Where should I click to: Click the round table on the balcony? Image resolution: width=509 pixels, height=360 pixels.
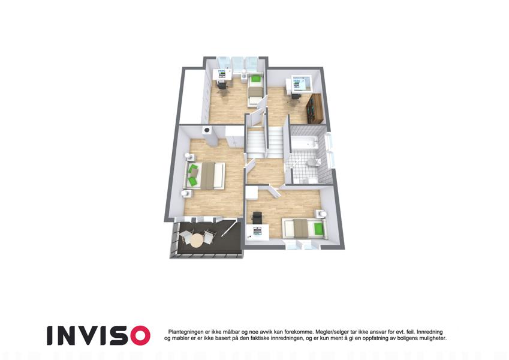point(196,241)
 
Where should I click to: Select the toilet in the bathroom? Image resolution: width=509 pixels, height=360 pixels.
point(315,162)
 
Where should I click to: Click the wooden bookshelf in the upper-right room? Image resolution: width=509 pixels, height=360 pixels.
point(315,109)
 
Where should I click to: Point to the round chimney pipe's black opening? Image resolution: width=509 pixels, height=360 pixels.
point(206,131)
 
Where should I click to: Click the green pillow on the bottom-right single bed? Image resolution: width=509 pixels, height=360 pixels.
point(319,229)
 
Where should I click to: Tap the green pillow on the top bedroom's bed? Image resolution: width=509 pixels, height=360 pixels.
point(256,79)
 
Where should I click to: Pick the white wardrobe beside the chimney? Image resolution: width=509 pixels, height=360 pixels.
point(234,136)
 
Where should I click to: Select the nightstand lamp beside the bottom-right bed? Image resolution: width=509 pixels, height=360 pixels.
point(323,214)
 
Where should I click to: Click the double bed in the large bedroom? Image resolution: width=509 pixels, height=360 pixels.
point(205,175)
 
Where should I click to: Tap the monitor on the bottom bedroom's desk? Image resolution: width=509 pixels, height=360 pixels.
point(257,231)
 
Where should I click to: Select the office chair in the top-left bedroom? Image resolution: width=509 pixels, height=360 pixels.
point(222,87)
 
